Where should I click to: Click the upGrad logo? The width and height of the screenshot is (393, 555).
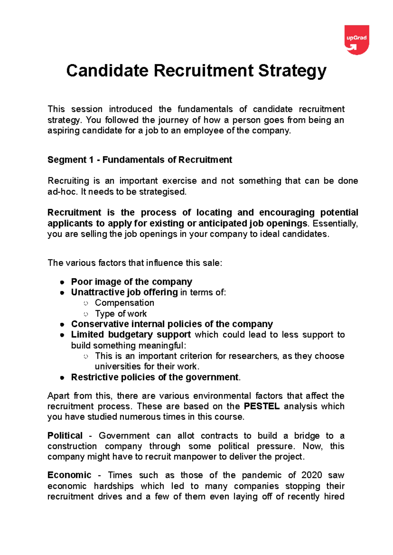[357, 39]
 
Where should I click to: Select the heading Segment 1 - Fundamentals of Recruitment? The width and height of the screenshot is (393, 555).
[140, 160]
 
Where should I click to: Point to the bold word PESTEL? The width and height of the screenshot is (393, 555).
[261, 406]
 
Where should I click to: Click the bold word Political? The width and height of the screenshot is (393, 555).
[65, 435]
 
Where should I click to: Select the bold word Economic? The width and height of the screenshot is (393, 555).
[69, 475]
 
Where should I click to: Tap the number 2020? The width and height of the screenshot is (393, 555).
[311, 475]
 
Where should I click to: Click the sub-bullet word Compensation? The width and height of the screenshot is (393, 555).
[124, 303]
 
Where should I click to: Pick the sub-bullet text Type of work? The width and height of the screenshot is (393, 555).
[121, 314]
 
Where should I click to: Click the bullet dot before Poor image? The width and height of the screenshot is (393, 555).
[62, 282]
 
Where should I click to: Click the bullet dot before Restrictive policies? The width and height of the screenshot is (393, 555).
[62, 378]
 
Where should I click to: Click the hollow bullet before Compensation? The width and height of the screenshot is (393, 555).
[86, 303]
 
